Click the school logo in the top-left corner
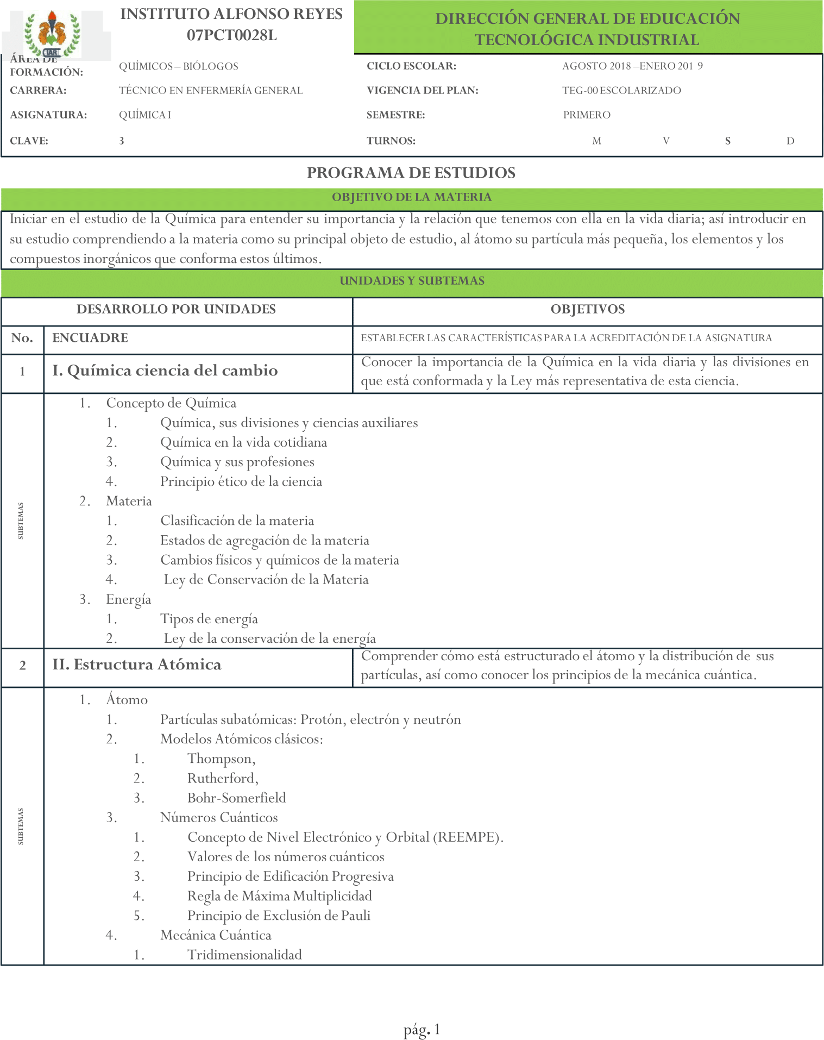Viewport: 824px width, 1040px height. [x=52, y=34]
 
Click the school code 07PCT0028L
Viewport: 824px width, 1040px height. [x=232, y=35]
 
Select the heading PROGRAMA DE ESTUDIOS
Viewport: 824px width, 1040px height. [x=411, y=173]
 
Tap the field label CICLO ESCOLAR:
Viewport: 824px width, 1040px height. [x=411, y=66]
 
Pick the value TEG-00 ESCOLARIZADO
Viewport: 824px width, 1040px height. [x=621, y=91]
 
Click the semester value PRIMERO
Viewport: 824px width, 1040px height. [x=587, y=115]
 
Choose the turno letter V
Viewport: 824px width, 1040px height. [x=666, y=141]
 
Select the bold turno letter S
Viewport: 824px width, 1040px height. [x=728, y=141]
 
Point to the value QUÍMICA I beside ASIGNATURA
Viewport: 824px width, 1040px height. [x=145, y=115]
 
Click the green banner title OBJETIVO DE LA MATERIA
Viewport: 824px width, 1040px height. [x=412, y=197]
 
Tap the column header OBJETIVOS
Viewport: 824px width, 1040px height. [x=588, y=310]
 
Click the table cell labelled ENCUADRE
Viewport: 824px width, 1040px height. [x=90, y=338]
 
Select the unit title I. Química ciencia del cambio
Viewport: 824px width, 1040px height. [x=165, y=371]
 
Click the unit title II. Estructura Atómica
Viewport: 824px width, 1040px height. [x=137, y=665]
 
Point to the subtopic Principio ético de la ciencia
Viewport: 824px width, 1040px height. [x=241, y=482]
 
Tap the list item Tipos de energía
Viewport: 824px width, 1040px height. [x=209, y=619]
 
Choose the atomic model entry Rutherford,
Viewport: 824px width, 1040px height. [x=223, y=779]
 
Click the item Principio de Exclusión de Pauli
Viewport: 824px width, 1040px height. [x=279, y=916]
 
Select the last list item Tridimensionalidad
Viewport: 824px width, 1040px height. [x=244, y=955]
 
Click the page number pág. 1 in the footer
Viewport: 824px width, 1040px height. [x=422, y=1030]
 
